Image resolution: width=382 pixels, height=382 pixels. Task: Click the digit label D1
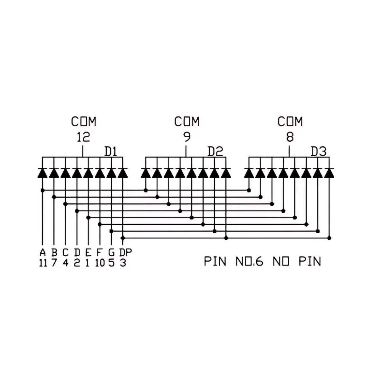tap(110, 152)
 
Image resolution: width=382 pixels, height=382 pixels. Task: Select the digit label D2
tap(215, 152)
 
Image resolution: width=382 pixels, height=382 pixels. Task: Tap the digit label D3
tap(318, 152)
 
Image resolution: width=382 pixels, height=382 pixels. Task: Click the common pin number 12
tap(83, 137)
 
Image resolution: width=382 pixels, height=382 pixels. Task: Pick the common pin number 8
tap(290, 137)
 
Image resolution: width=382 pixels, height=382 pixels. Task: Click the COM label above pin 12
tap(84, 122)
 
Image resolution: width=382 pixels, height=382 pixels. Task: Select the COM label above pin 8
tap(290, 122)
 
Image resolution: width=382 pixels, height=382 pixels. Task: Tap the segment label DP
tap(125, 252)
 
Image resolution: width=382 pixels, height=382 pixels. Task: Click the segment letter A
tap(43, 252)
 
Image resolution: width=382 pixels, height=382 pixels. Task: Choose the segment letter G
tap(112, 252)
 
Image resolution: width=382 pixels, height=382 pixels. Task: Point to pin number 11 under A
tap(43, 263)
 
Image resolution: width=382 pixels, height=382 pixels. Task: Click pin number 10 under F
tap(100, 263)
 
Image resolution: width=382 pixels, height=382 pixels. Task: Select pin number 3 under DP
tap(123, 263)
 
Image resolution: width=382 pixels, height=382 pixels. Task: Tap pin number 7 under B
tap(54, 263)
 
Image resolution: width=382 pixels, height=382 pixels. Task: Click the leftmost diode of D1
tap(42, 173)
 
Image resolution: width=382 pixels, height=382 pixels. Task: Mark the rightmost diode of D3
tap(329, 173)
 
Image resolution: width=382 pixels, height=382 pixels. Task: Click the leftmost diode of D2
tap(146, 173)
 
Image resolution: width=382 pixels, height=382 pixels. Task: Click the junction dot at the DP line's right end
tap(329, 238)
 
